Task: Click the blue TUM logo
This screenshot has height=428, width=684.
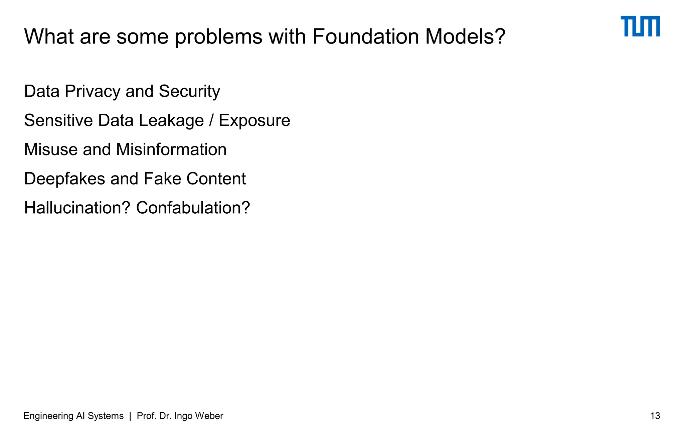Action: (640, 26)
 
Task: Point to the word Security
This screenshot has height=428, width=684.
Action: (189, 92)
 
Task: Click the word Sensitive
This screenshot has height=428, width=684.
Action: (58, 120)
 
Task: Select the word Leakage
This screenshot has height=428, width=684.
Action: (171, 120)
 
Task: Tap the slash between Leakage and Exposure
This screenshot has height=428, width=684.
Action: (211, 120)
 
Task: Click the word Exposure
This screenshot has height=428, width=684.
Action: (254, 120)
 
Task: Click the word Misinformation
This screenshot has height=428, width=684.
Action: (171, 149)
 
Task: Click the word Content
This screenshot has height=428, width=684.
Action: (216, 179)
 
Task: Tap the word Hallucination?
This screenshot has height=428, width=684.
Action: (77, 208)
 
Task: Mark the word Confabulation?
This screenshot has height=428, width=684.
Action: (193, 208)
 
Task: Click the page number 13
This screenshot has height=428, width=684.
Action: (655, 416)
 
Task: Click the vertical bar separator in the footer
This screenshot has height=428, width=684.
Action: (130, 416)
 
